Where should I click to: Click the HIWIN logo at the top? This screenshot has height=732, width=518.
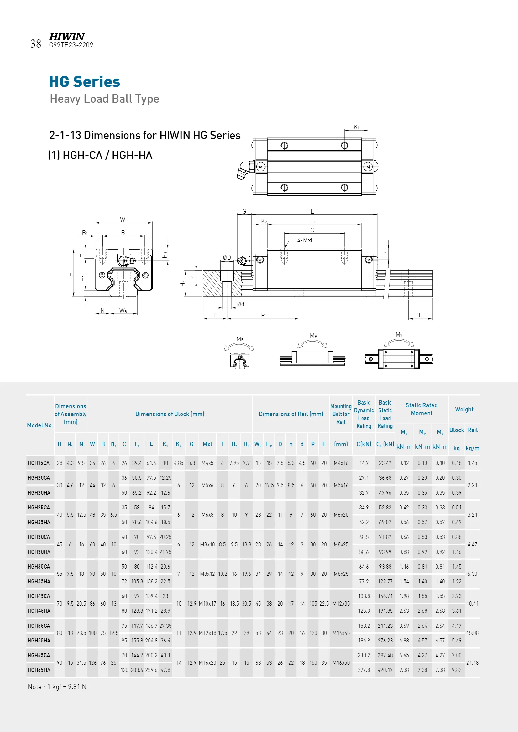pos(67,37)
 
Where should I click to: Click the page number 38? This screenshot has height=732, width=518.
pos(36,44)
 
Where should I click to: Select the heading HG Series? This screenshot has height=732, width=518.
pos(84,82)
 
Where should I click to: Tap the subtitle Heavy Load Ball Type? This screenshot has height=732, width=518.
pos(104,99)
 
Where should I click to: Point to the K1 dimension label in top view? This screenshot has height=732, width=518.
pos(356,127)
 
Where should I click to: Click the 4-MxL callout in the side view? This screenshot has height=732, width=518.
pos(306,240)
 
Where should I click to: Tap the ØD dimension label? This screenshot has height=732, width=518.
pos(227,257)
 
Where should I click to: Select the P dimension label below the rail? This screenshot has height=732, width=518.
pos(263,315)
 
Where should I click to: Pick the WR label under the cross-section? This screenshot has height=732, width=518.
pos(123,311)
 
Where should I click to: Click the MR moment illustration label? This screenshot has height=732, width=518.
pos(240,339)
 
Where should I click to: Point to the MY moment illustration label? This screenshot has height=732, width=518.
pos(399,334)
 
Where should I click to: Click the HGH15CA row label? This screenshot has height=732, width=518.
pos(39,463)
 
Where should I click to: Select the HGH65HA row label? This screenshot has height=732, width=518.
pos(39,670)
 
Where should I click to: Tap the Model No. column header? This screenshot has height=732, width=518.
pos(40,425)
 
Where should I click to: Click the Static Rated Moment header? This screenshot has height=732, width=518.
pos(421,409)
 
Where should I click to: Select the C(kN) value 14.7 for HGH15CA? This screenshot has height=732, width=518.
pos(364,463)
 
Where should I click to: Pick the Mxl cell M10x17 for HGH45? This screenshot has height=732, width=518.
pos(207,604)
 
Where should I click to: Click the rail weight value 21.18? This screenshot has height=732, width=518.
pos(472,663)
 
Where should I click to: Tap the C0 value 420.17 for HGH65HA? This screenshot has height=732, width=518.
pos(385,670)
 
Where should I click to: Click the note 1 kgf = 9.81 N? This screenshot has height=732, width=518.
pos(57,687)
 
